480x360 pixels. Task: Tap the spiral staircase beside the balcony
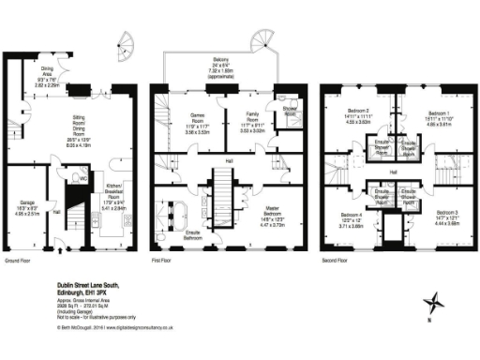[x=263, y=40]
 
